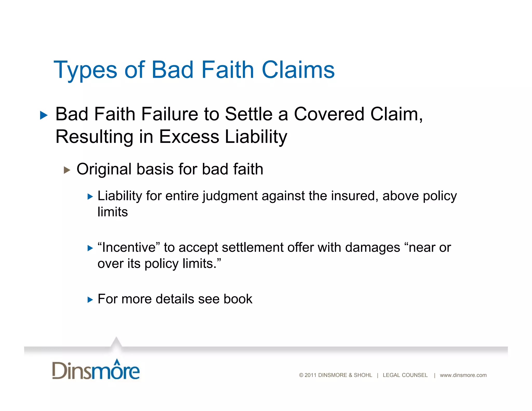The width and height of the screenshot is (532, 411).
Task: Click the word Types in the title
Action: click(85, 70)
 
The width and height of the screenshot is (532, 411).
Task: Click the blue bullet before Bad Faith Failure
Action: click(44, 115)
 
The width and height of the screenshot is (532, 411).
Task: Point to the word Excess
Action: click(189, 137)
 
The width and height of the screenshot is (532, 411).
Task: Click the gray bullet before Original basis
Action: click(67, 170)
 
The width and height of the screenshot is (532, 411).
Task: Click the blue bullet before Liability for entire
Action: click(90, 197)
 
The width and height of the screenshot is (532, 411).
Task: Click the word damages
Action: click(373, 247)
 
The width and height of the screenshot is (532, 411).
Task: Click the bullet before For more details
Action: click(90, 300)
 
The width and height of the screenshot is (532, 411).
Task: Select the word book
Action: click(238, 299)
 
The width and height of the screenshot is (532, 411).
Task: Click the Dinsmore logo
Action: click(96, 370)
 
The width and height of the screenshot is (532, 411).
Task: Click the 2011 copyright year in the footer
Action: click(310, 375)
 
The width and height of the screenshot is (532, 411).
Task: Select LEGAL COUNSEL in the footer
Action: click(405, 375)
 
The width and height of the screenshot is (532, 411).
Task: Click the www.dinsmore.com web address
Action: click(463, 375)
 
